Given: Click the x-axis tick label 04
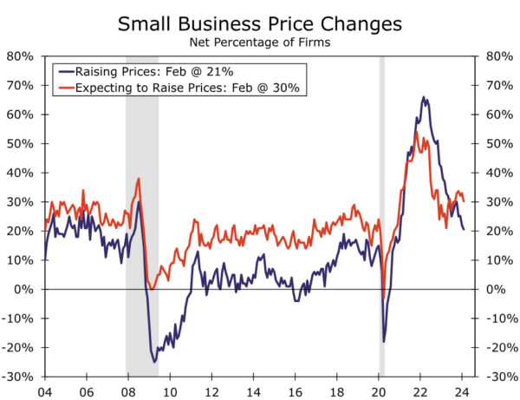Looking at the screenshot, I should [45, 390].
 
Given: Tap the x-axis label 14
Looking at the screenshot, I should [255, 390].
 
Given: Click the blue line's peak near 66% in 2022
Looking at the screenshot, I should [423, 97].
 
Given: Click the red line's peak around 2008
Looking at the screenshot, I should [139, 179].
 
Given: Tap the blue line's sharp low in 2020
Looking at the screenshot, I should [384, 340].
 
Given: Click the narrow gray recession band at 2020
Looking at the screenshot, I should [381, 217].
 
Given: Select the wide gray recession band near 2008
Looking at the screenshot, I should [142, 217].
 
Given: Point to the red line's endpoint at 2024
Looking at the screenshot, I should [464, 201].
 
